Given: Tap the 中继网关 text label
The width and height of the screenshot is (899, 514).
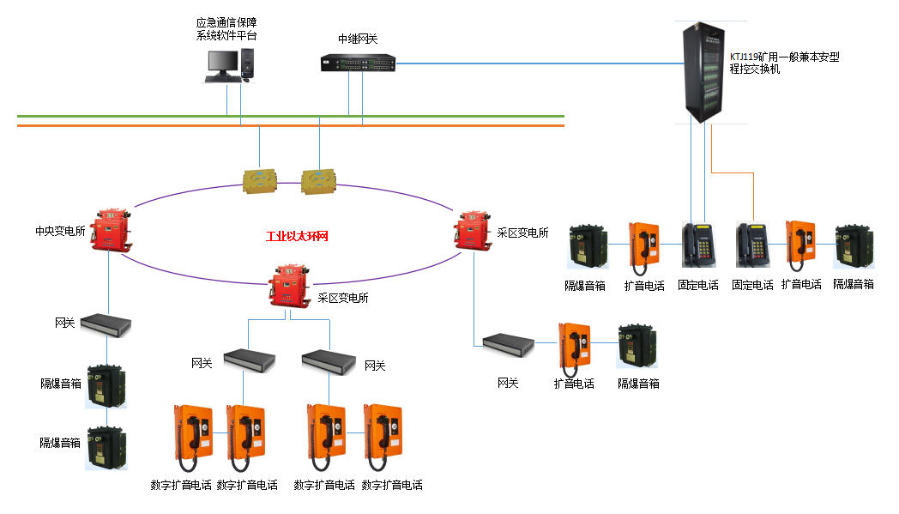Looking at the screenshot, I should [358, 39].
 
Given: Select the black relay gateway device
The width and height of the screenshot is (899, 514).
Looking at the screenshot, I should [358, 63].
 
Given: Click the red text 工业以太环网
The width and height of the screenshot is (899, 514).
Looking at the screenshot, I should [298, 236].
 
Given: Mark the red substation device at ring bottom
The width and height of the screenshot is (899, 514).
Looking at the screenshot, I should [291, 283].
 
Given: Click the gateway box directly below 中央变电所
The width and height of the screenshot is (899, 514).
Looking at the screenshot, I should [106, 324].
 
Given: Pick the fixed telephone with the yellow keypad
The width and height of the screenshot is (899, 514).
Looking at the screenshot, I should [698, 245].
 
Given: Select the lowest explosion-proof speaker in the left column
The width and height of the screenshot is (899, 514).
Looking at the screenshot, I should [106, 444].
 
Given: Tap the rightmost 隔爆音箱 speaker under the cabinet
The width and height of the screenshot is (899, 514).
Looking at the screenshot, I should [854, 248].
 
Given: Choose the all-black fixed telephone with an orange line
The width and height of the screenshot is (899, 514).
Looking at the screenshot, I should [752, 245].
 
